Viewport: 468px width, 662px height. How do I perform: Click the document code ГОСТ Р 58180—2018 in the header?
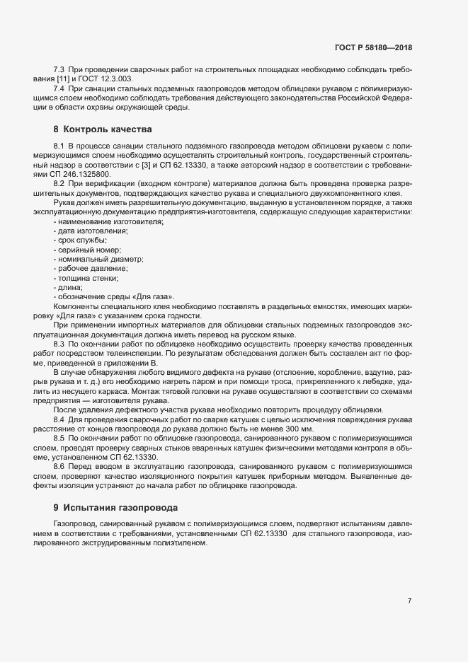click(x=374, y=47)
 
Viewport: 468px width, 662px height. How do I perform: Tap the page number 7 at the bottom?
click(x=409, y=600)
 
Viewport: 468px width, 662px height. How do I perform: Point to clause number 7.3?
click(x=59, y=70)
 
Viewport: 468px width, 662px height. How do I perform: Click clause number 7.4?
click(x=59, y=88)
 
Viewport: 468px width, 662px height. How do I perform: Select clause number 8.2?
click(x=59, y=184)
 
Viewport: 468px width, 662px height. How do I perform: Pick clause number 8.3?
click(x=59, y=342)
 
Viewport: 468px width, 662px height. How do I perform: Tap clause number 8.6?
click(x=59, y=468)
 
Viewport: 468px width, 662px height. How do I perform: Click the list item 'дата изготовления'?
click(x=89, y=232)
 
